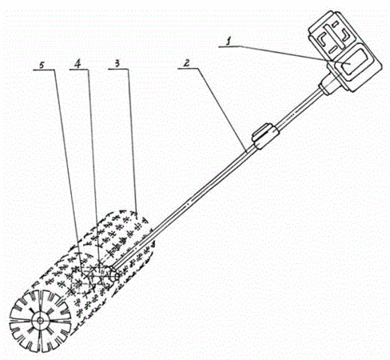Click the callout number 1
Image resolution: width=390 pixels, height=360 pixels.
(228, 42)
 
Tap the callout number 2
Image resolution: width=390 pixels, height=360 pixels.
(187, 63)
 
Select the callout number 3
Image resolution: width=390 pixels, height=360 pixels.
(117, 63)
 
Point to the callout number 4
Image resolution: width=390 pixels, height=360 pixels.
(78, 63)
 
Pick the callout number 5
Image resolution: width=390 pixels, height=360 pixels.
(42, 65)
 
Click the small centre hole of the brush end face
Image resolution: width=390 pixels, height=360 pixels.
(41, 320)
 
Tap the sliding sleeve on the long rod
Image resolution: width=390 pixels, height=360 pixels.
(265, 136)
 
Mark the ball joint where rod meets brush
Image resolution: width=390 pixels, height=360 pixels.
(113, 274)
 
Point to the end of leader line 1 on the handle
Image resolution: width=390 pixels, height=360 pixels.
(351, 64)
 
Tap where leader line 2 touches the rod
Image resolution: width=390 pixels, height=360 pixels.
(247, 152)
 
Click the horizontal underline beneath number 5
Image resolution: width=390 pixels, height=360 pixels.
(44, 70)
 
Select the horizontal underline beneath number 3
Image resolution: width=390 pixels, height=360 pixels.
(118, 69)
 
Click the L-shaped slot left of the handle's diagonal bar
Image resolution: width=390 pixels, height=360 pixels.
(324, 38)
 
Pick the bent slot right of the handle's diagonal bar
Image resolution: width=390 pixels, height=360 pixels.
(345, 35)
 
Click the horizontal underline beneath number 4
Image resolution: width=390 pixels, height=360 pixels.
(79, 70)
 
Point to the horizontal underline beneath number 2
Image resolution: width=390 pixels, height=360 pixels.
(189, 69)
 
